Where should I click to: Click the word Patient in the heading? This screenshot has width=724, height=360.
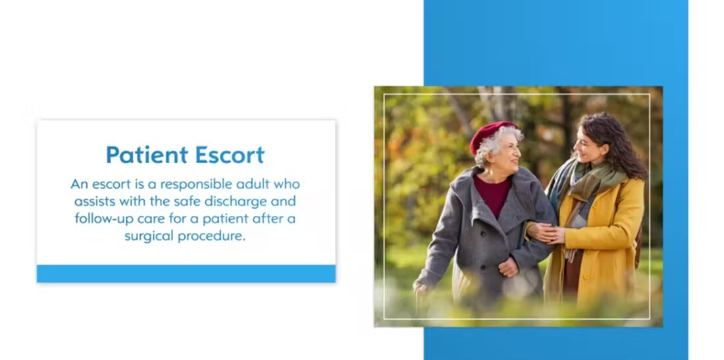[147, 155]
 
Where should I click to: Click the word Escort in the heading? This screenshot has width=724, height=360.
[230, 155]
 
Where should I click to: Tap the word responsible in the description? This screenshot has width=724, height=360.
[195, 185]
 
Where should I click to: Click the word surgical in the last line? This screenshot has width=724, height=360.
[149, 236]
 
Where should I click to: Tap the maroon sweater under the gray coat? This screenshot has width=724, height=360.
[492, 194]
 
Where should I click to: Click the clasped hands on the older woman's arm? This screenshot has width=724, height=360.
[546, 233]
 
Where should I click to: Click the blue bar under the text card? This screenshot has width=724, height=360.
[186, 274]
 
